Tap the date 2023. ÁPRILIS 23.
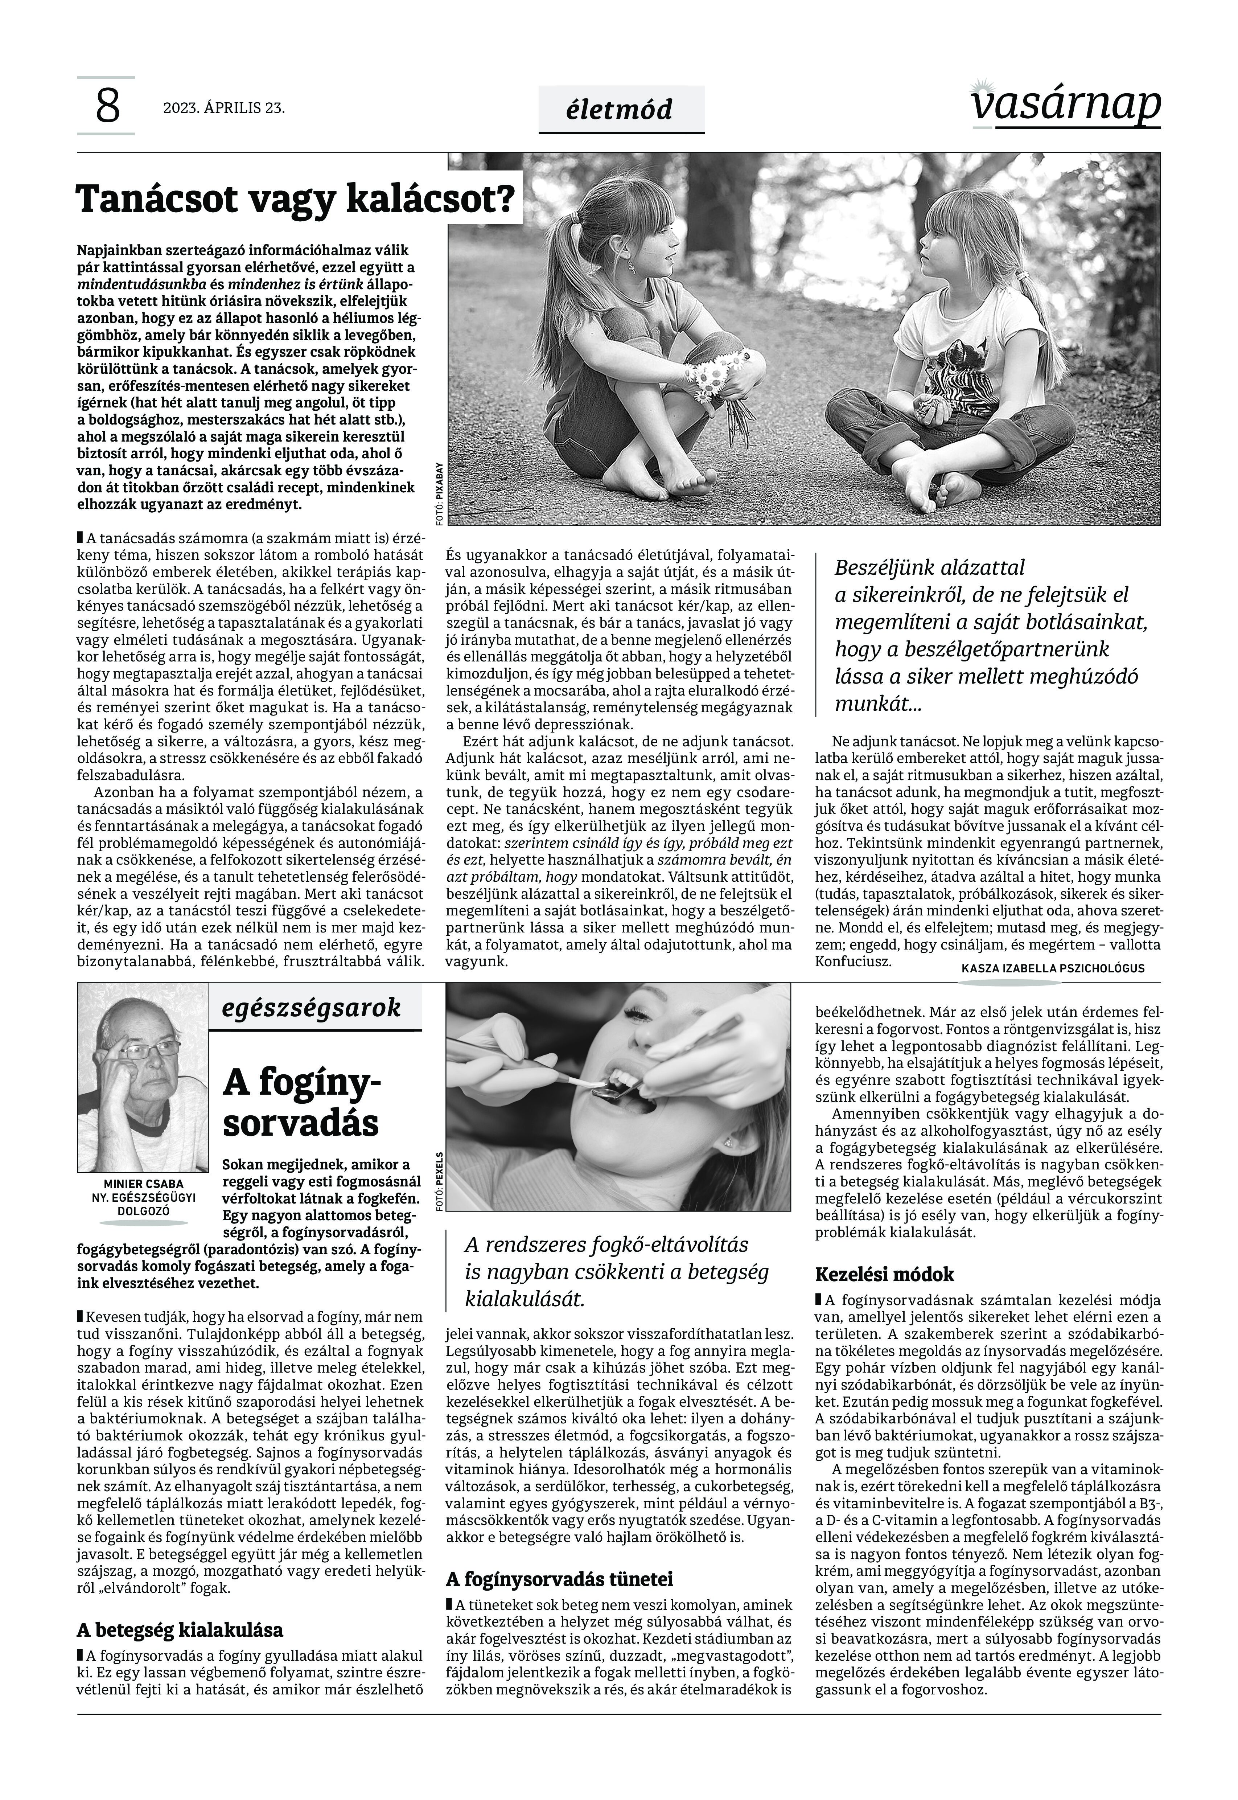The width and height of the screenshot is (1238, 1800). click(x=224, y=108)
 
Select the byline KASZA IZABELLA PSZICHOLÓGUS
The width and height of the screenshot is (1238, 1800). click(x=1053, y=968)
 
